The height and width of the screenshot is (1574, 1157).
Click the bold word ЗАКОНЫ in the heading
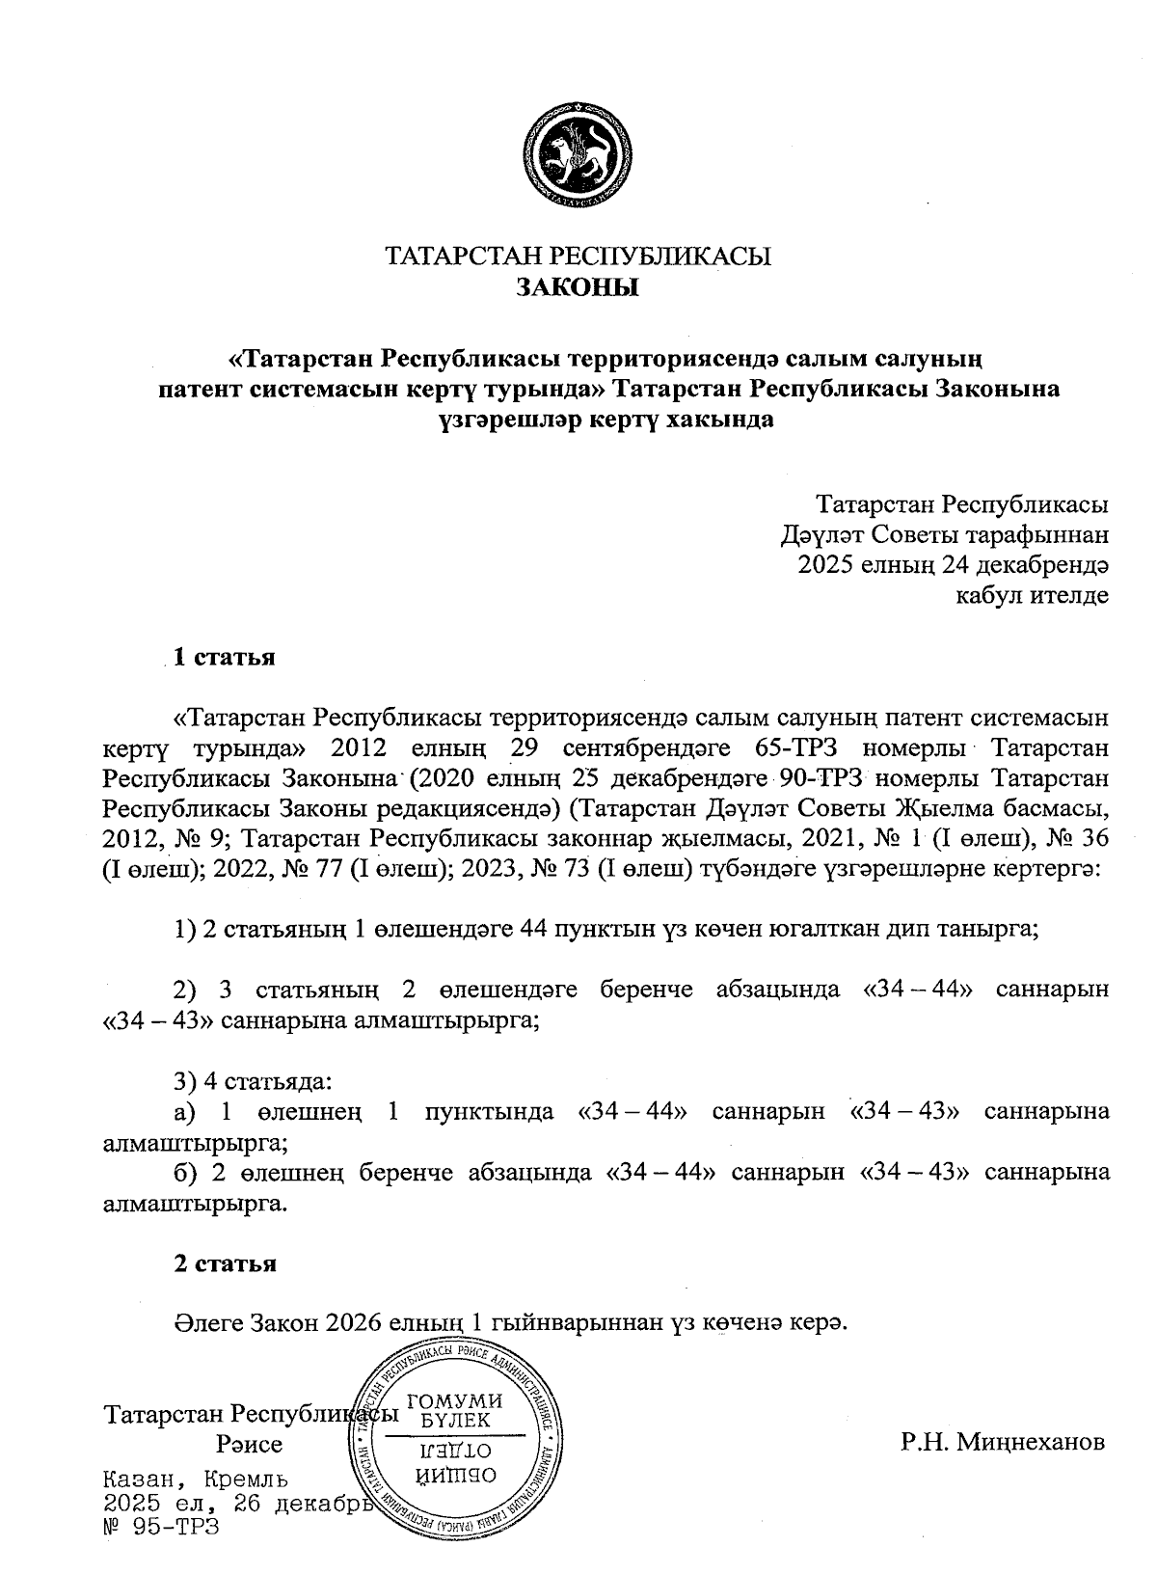tap(578, 287)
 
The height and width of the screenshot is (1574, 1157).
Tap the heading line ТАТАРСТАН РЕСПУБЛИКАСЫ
tap(578, 257)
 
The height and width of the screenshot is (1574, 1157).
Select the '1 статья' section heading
tap(224, 658)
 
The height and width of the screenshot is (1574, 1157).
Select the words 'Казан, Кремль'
tap(196, 1479)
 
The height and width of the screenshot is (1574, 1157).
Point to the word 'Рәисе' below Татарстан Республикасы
tap(250, 1445)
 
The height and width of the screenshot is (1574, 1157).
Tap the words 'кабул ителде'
tap(1031, 596)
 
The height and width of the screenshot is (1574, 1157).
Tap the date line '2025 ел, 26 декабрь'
tap(237, 1504)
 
